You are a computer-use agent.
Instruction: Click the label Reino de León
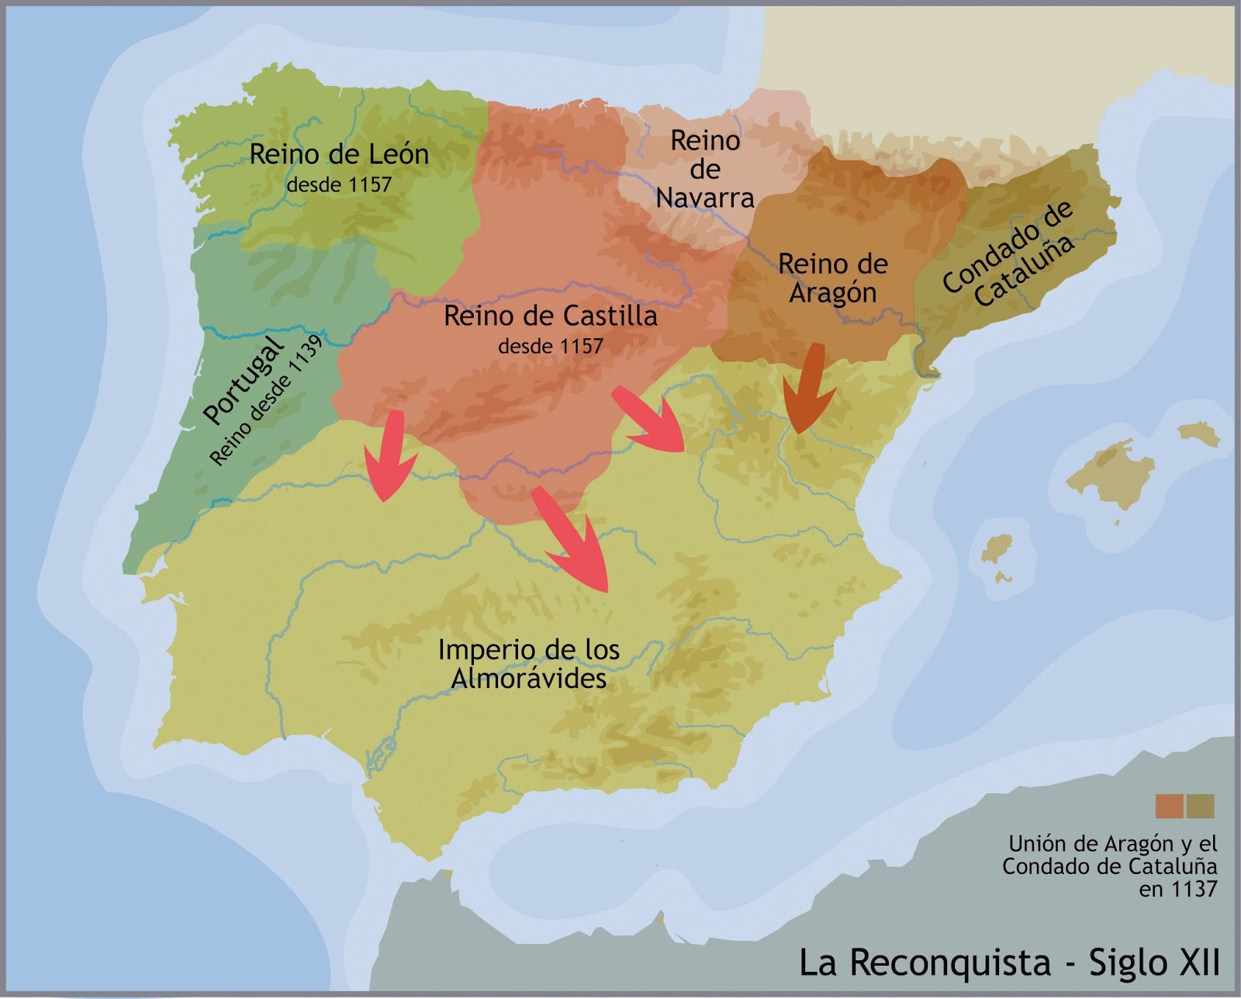(339, 154)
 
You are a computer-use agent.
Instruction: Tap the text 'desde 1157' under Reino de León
(339, 185)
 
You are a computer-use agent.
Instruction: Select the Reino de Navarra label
(705, 169)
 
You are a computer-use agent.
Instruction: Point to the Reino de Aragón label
(832, 278)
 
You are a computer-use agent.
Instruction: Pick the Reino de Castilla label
(551, 316)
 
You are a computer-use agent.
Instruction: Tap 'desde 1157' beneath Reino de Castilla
(551, 346)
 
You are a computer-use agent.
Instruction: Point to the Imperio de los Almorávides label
(529, 664)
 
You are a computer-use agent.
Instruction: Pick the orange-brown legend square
(1169, 806)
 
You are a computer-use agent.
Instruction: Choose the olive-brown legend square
(1200, 806)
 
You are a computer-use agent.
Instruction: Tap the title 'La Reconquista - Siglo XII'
(1009, 963)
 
